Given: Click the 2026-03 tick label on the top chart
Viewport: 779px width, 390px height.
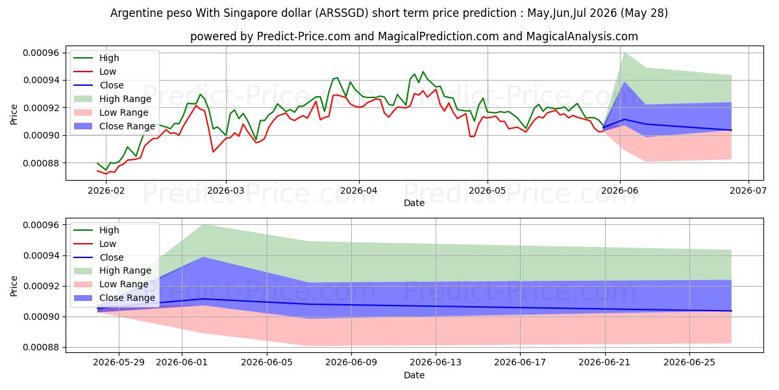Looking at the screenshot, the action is coord(226,190).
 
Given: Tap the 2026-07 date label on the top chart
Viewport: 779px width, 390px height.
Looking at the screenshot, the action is coord(748,190).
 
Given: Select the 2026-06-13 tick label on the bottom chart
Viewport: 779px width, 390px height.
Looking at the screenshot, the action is coord(436,363).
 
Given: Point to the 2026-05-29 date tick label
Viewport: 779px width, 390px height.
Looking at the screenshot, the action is coord(119,363).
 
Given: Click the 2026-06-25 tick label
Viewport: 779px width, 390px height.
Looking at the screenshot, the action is coord(689,363).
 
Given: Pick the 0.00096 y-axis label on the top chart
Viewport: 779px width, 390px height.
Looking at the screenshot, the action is coord(42,53).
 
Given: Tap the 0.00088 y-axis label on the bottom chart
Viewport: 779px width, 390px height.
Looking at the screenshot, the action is coord(42,348).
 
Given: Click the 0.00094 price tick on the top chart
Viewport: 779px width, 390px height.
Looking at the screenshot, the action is coord(42,81).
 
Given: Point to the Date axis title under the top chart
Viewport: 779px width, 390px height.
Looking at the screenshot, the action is coord(414,203).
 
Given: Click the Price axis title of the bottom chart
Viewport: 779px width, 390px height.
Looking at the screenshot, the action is coord(14,286).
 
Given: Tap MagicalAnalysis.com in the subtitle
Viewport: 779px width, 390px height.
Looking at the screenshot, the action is coord(582,36).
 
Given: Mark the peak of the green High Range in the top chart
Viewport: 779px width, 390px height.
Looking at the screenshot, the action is coord(624,53).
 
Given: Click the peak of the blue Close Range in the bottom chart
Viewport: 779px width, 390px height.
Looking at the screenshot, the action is coord(203,257).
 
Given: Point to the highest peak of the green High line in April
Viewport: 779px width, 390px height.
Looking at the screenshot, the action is coord(423,71).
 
